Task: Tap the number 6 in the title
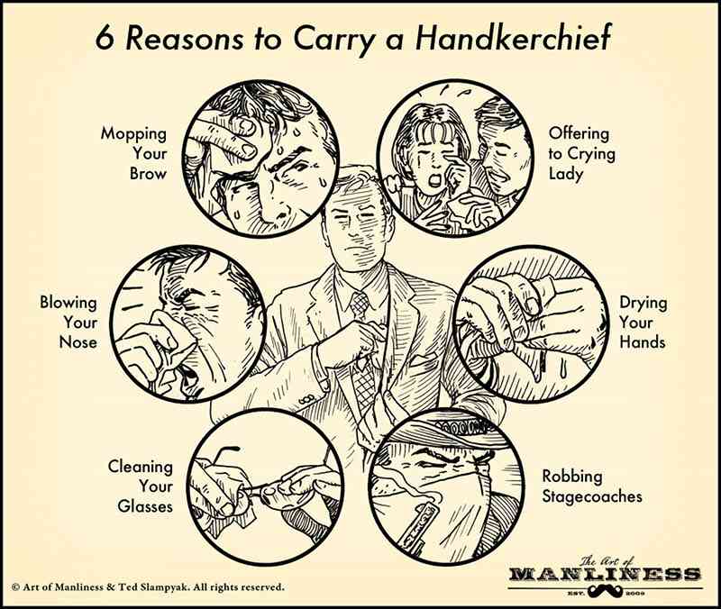tap(105, 38)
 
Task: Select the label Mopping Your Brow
tap(133, 153)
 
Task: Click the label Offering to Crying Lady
tap(581, 153)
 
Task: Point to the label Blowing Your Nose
tap(68, 323)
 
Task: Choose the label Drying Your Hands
tap(643, 323)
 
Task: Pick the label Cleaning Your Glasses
tap(141, 486)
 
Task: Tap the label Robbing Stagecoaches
tap(592, 486)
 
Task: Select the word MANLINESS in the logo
tap(605, 574)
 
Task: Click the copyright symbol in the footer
tap(15, 587)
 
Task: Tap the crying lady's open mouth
tap(434, 181)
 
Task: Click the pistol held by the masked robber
tap(417, 525)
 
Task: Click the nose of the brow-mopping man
tap(275, 208)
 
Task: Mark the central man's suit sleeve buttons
tap(307, 399)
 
